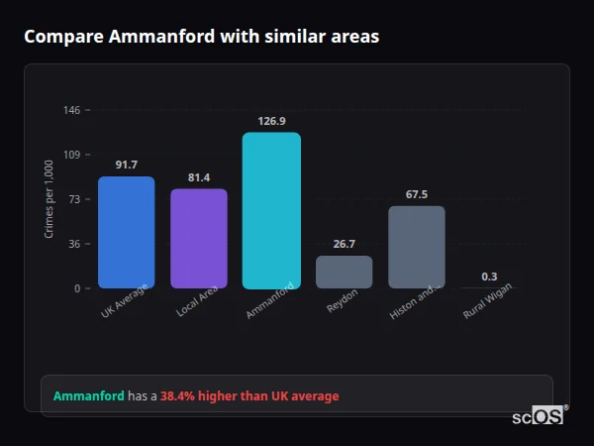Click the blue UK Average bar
(x=126, y=233)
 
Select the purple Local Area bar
(x=199, y=239)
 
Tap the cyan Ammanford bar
(x=271, y=210)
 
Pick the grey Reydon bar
(x=345, y=273)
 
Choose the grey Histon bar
(x=417, y=247)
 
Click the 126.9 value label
(x=271, y=121)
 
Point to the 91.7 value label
(x=126, y=165)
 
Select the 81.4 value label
(x=199, y=177)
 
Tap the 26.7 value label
(x=345, y=244)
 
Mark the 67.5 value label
(x=417, y=194)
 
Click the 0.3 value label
(x=489, y=277)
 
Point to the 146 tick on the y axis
(x=72, y=110)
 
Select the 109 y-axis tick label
(x=72, y=155)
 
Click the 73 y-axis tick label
(x=74, y=199)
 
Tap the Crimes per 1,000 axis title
(x=49, y=199)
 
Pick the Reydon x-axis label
(x=343, y=302)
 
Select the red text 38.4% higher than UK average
(x=249, y=396)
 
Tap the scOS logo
(x=538, y=417)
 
